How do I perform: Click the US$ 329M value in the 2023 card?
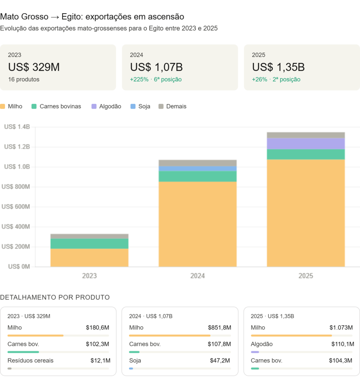click(34, 67)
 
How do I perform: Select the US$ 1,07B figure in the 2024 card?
click(156, 67)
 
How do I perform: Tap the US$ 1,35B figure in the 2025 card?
click(278, 67)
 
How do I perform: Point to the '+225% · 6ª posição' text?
click(156, 80)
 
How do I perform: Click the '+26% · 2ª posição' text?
click(276, 80)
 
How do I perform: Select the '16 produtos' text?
click(24, 80)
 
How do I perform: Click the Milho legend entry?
click(11, 106)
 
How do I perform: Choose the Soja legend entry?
click(140, 106)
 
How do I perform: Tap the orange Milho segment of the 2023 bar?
click(90, 258)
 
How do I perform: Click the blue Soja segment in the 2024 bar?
click(198, 169)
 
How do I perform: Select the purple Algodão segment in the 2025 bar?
click(305, 144)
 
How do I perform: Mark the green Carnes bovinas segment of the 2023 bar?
click(90, 244)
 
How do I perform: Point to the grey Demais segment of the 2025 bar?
click(305, 135)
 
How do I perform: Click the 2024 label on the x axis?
click(198, 276)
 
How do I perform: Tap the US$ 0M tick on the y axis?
click(19, 267)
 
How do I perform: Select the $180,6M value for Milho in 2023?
click(97, 328)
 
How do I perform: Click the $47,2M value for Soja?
click(220, 360)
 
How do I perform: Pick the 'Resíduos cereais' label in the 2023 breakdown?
click(30, 360)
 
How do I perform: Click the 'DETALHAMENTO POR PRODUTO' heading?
click(55, 297)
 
